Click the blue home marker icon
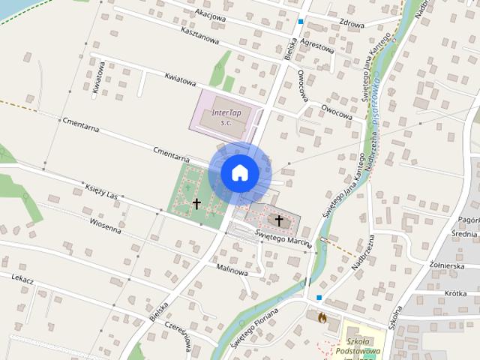tap(239, 172)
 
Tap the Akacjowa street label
tap(210, 13)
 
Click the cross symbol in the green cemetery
tap(196, 202)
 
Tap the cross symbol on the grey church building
tap(279, 220)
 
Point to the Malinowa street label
tap(232, 270)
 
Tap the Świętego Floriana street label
tap(254, 330)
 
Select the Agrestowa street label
tap(316, 45)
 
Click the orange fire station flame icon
tap(322, 317)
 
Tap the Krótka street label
tap(451, 293)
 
